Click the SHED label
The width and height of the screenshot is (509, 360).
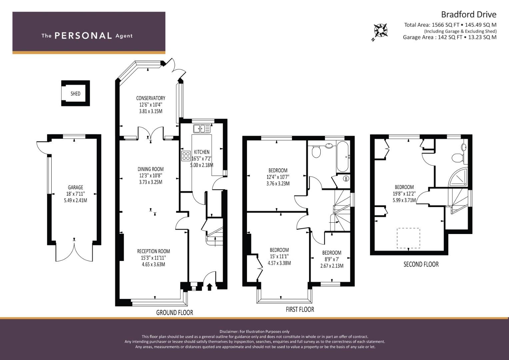75,94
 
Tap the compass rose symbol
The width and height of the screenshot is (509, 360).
381,30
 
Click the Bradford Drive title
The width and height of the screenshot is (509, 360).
469,15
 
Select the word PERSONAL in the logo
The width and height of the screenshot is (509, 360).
83,36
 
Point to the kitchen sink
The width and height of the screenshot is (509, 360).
202,129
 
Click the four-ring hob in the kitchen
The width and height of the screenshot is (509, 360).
186,156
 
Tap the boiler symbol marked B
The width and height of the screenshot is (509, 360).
346,179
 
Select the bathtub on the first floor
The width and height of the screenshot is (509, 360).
342,156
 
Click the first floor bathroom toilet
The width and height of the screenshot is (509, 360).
316,151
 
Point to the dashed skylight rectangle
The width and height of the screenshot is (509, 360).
408,238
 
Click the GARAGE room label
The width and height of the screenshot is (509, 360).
75,187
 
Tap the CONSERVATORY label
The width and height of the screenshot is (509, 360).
151,98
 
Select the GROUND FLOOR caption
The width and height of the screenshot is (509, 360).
175,313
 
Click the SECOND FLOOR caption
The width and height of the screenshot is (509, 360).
421,264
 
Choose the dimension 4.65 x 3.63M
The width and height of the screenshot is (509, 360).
153,264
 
